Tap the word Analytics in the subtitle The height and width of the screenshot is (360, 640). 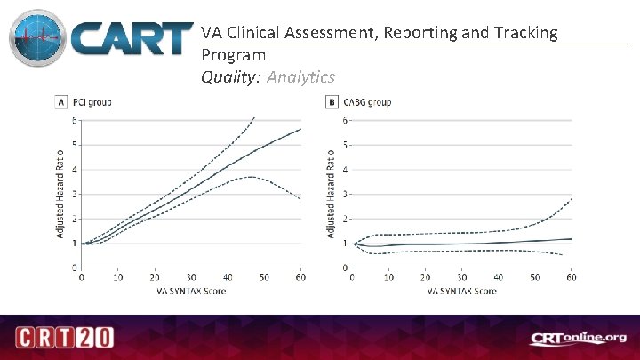point(300,77)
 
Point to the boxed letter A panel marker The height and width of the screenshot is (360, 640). point(60,102)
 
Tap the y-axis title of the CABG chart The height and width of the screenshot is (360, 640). point(331,192)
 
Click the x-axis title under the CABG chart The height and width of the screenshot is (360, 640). point(461,292)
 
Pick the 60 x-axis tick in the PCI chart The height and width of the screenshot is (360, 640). point(300,278)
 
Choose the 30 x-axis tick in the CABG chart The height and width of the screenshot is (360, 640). point(461,278)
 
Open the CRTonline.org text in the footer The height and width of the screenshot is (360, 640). point(579,338)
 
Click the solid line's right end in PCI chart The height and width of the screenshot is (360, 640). point(300,130)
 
